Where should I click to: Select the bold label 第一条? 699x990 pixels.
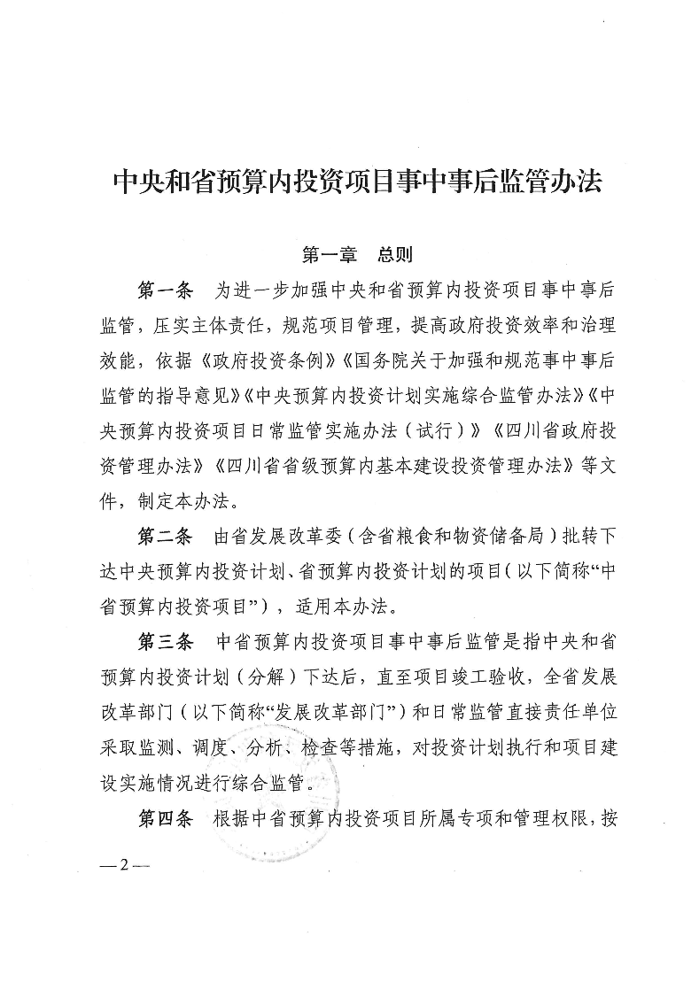(166, 291)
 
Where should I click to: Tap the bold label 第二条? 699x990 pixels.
(166, 538)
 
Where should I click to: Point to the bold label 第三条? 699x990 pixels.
(166, 641)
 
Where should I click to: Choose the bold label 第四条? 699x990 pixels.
(166, 816)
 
